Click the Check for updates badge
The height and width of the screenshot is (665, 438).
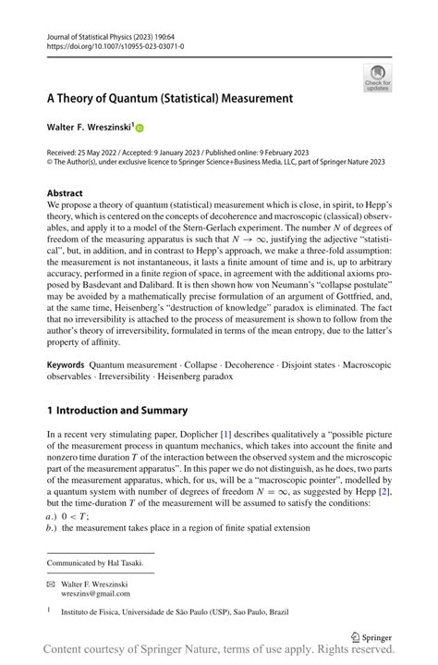[x=377, y=78]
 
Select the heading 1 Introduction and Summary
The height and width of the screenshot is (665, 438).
[x=116, y=411]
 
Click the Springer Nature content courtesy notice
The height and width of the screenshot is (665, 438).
[x=219, y=654]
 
